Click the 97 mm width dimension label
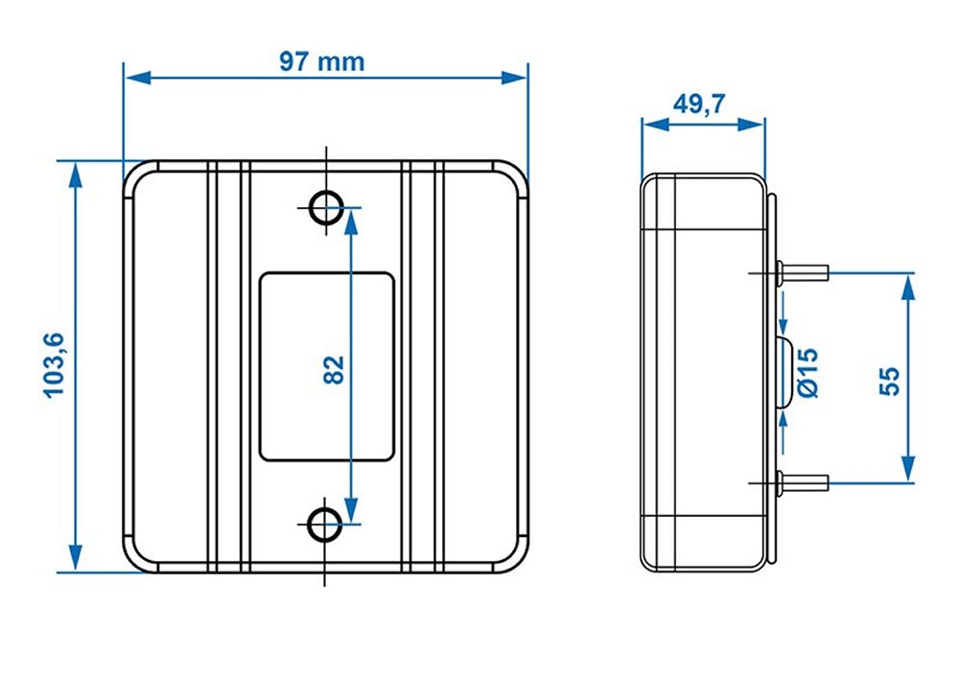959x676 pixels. [x=321, y=61]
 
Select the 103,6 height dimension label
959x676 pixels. [x=54, y=364]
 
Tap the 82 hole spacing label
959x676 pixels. [x=333, y=368]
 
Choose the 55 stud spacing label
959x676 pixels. [x=889, y=379]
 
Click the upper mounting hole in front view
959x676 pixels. [x=326, y=205]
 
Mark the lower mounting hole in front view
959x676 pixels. [x=326, y=524]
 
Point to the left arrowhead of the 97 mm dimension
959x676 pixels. [x=133, y=77]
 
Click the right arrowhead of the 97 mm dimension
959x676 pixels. [x=519, y=77]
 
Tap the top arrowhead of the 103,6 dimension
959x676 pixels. [x=75, y=171]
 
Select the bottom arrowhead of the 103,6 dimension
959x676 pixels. [x=75, y=562]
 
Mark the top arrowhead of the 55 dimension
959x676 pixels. [x=907, y=282]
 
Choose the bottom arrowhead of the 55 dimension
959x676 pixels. [x=907, y=471]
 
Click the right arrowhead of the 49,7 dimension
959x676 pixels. [x=757, y=124]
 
